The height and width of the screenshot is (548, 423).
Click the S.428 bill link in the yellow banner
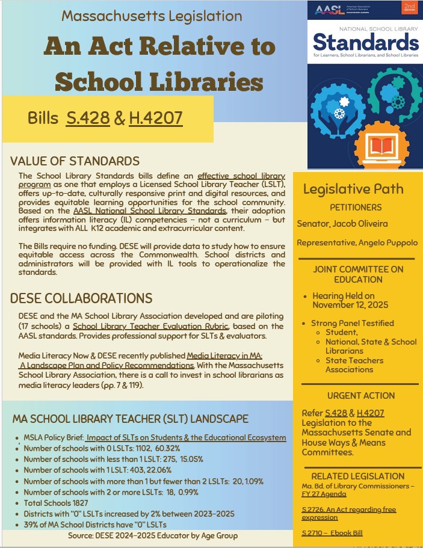[87, 118]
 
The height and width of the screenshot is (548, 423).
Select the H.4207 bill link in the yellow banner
[156, 118]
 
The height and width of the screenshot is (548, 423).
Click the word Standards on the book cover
[366, 42]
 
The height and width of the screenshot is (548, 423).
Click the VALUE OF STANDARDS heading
[75, 161]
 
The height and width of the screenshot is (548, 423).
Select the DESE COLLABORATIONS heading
[81, 299]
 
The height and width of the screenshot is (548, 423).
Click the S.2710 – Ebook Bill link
[332, 533]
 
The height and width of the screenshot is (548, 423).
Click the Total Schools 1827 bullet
[56, 503]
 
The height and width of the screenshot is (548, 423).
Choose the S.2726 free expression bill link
[348, 513]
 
